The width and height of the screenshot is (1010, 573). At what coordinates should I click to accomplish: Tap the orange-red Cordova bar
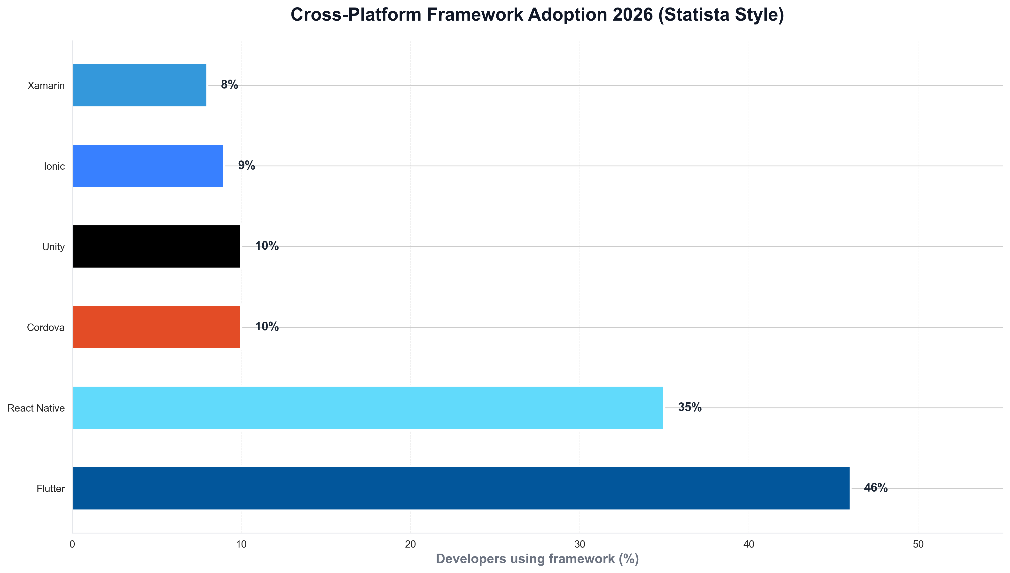coord(157,327)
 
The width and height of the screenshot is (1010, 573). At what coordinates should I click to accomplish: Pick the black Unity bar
coord(157,246)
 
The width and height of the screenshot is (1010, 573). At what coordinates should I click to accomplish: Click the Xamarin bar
coord(140,85)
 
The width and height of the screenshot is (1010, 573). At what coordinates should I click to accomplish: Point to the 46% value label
coord(876,488)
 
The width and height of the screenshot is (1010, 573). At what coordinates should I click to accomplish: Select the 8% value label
coord(229,85)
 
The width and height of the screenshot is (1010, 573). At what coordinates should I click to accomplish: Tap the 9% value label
coord(246,165)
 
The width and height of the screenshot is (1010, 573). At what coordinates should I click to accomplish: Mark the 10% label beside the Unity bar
coord(267,246)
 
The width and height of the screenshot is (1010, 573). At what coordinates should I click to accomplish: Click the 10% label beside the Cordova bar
coord(267,327)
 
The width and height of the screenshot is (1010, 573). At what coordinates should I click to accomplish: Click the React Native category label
coord(36,408)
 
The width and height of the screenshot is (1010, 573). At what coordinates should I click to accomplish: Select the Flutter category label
coord(50,489)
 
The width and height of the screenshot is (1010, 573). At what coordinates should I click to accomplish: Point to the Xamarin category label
coord(46,85)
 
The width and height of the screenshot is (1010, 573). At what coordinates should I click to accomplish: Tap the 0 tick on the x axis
coord(72,544)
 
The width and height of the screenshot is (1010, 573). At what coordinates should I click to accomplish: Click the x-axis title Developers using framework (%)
coord(537,559)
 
